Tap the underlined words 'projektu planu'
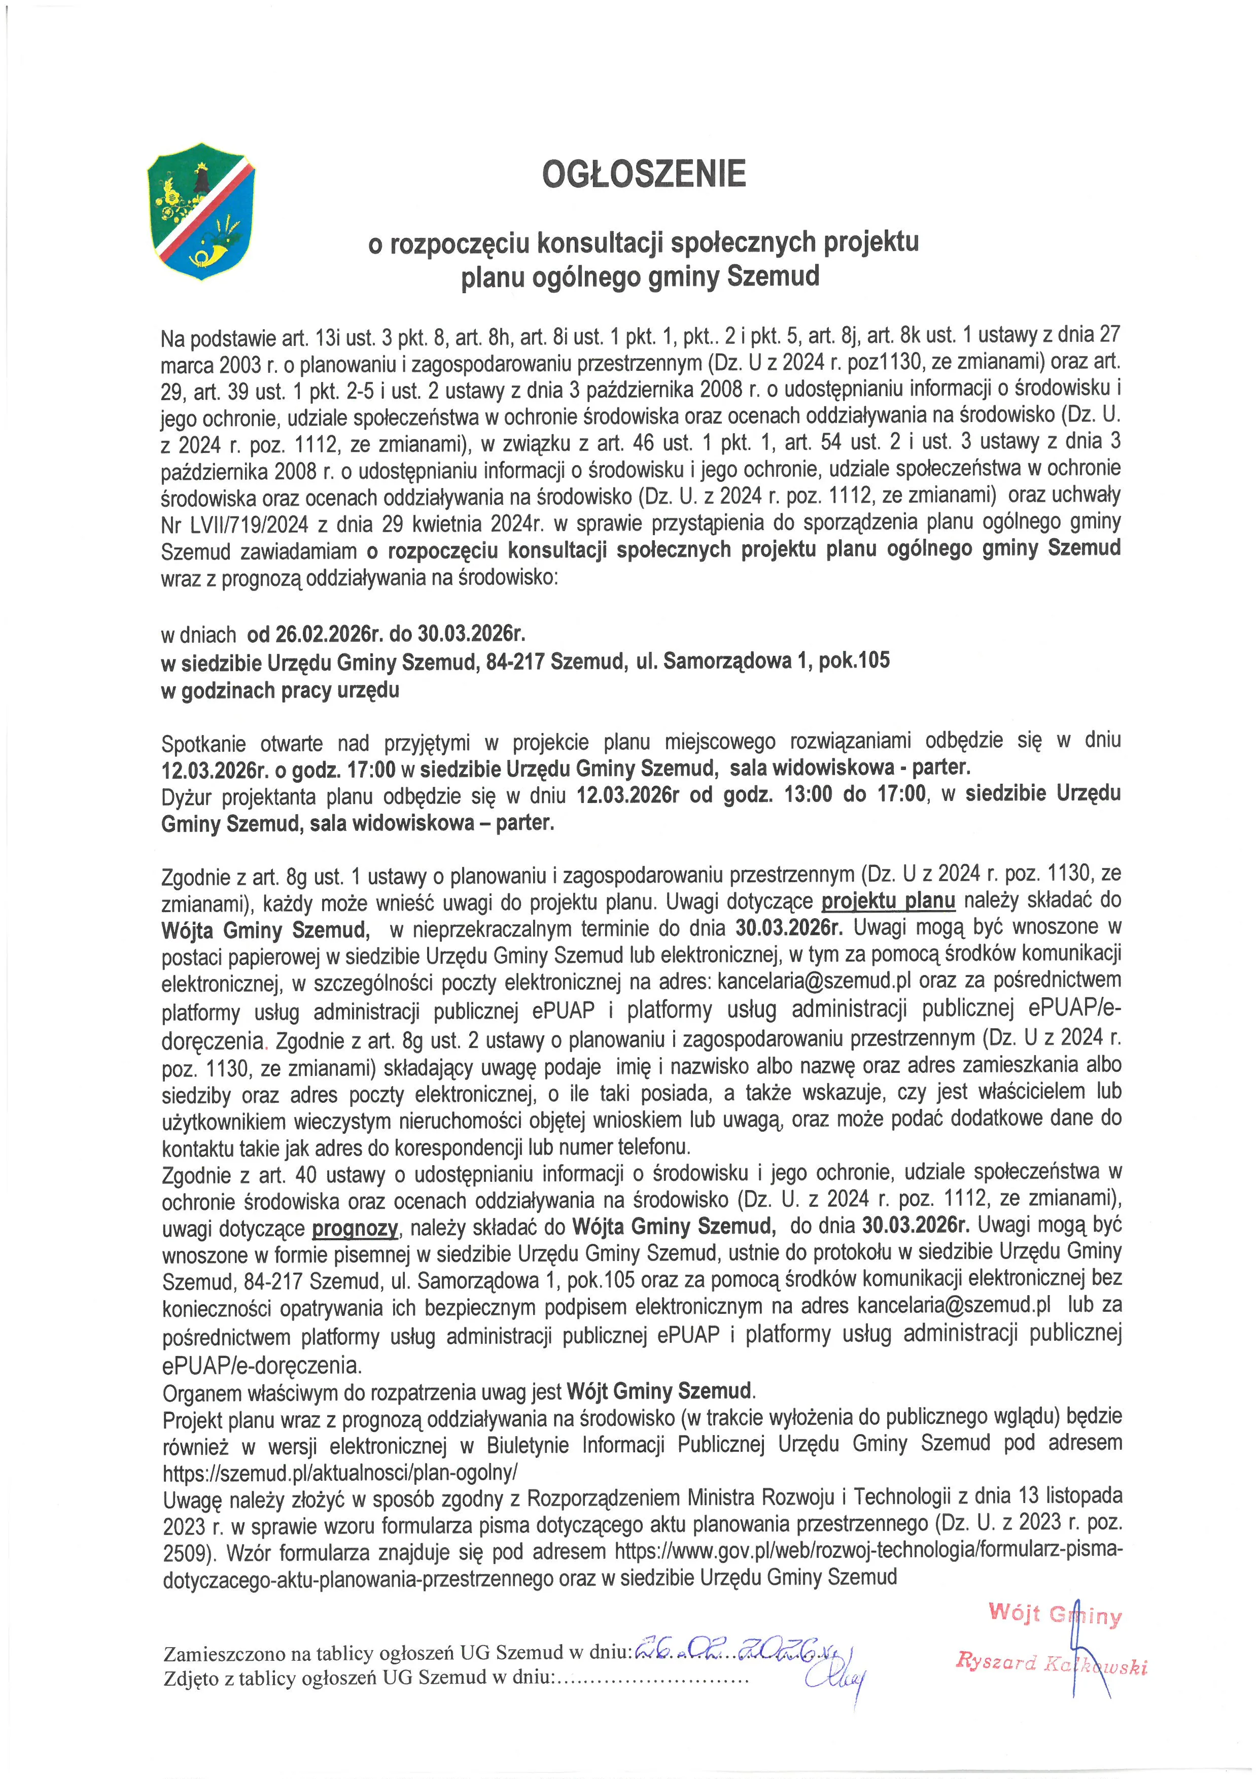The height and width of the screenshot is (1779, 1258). [x=888, y=901]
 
